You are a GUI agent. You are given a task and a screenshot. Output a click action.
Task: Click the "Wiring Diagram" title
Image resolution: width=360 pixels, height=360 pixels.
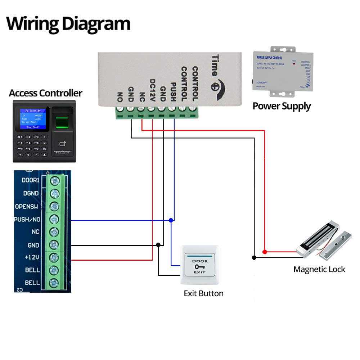[68, 24]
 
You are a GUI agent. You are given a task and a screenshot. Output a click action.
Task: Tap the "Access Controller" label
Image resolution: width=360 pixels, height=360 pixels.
[45, 93]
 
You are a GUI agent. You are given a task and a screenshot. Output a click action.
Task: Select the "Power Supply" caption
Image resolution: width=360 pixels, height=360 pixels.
[282, 106]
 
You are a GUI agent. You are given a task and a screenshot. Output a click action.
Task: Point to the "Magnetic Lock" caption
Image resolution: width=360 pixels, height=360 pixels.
[319, 269]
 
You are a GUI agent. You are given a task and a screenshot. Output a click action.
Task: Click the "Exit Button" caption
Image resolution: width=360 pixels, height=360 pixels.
[203, 293]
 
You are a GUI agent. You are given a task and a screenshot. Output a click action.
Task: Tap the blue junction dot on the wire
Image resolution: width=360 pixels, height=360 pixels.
[171, 220]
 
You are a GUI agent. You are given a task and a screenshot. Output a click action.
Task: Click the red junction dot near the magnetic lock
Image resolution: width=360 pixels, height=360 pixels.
[265, 252]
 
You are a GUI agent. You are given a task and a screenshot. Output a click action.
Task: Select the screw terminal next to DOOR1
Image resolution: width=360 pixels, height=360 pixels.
[54, 180]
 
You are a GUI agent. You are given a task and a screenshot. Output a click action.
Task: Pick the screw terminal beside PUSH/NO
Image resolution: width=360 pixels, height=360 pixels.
[54, 219]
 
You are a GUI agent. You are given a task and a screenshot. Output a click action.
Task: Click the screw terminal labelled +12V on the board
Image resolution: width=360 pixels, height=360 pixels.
[54, 257]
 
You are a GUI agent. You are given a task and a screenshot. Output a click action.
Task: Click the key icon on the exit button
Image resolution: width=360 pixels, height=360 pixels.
[199, 267]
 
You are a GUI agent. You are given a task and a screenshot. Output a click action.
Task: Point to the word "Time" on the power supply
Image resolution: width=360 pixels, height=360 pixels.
[215, 65]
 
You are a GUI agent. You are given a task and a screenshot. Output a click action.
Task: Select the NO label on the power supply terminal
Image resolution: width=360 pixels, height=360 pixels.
[120, 97]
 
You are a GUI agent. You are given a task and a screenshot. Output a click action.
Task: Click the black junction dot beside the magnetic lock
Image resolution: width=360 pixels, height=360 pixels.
[254, 257]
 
